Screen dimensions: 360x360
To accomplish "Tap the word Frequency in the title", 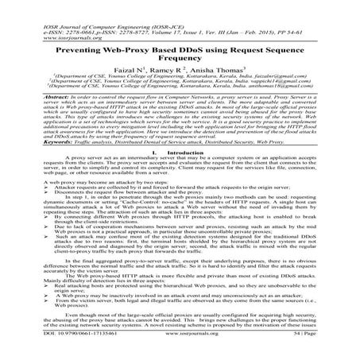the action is [179, 60].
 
